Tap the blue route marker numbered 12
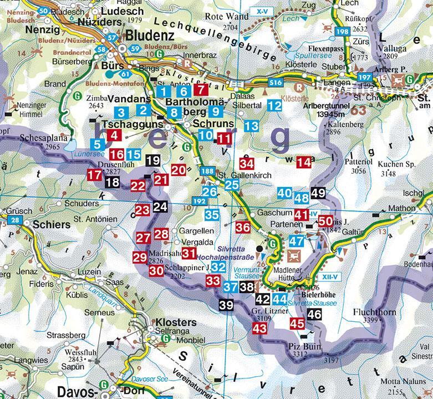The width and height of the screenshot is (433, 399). (x=274, y=105)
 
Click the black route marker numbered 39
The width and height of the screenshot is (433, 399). (x=226, y=304)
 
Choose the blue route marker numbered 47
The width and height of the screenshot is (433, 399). (x=297, y=241)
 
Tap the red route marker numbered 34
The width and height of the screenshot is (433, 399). (x=247, y=164)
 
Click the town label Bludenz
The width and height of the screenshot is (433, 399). (x=150, y=36)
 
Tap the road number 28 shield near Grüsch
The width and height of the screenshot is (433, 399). (x=16, y=220)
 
